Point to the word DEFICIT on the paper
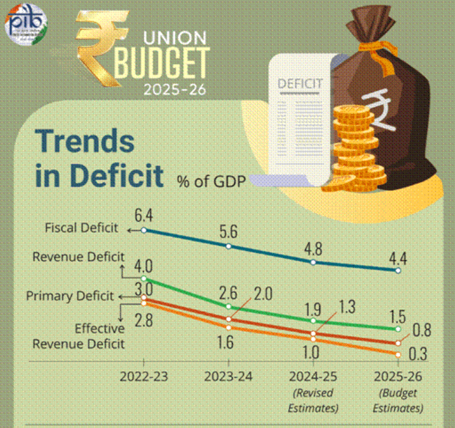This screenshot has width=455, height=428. pos(300,83)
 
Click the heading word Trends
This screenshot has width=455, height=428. pos(85,141)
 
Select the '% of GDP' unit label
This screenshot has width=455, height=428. pos(210,180)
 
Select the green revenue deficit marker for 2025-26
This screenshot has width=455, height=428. pos(399,329)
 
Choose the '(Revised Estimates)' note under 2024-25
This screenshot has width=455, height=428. pos(313,400)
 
